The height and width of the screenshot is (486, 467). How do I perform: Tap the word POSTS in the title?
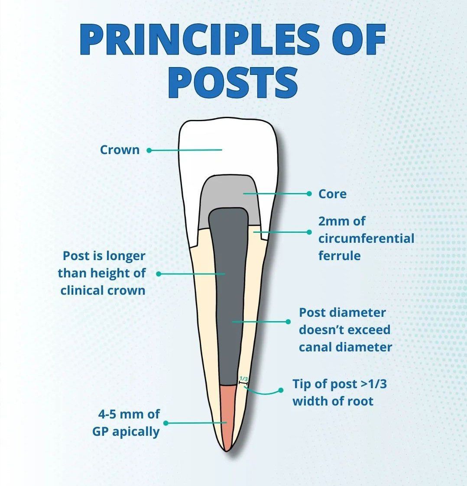pos(233,83)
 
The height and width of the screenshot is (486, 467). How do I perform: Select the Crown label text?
pos(120,150)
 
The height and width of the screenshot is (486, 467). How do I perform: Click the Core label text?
pos(332,194)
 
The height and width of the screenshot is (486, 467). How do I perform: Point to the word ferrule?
pos(339,256)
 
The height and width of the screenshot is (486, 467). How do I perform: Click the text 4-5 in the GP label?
pos(107,414)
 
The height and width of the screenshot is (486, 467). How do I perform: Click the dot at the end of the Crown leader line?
pos(149,151)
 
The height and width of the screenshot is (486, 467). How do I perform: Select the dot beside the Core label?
pos(309,194)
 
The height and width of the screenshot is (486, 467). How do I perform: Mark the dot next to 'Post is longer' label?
pos(159,274)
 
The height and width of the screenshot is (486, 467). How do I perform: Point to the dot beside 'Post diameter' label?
pos(288,322)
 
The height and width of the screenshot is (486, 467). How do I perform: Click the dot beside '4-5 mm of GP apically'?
pos(165,423)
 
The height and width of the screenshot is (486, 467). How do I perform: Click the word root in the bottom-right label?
pos(361,401)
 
